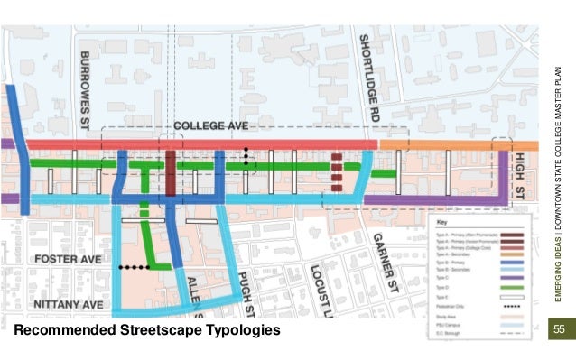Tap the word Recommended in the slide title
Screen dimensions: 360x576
(62, 331)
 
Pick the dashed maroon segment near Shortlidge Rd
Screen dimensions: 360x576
(337, 171)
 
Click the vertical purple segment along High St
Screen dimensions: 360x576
(504, 176)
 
